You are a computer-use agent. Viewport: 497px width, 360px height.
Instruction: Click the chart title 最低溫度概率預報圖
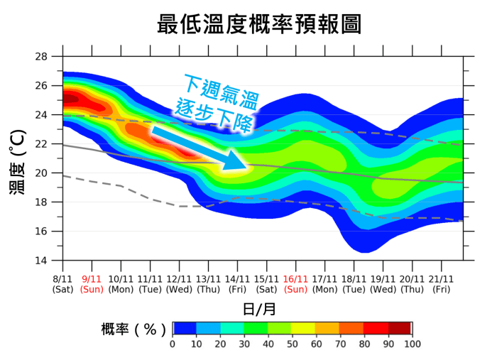[259, 23]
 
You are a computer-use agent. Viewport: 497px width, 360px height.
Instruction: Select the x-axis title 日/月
[260, 310]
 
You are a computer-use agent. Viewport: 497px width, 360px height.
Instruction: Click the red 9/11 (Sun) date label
[92, 284]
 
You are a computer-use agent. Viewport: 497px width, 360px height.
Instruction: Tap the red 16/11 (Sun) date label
[295, 284]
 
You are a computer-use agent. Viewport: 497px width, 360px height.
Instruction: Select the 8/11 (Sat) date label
[62, 284]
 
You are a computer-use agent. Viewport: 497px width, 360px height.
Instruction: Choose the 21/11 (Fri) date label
[441, 284]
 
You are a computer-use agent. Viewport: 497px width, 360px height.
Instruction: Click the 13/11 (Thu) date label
[208, 284]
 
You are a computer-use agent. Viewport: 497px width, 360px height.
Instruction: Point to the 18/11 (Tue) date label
[354, 284]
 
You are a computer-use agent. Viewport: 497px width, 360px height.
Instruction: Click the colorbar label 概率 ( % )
[134, 329]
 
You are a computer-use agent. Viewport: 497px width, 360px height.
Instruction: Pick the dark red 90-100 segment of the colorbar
[400, 328]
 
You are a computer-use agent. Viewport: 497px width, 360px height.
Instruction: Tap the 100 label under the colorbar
[412, 344]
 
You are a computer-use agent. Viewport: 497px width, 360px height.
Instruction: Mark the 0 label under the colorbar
[173, 344]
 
